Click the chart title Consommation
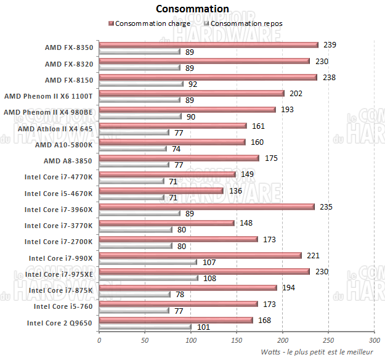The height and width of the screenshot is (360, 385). tap(192, 9)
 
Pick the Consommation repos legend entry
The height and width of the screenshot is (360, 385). tap(246, 23)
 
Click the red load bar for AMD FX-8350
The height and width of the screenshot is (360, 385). tap(208, 44)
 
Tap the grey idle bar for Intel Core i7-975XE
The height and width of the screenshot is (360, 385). tap(148, 278)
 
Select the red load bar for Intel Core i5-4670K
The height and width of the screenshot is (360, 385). tap(161, 190)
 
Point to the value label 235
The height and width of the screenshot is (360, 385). tap(326, 207)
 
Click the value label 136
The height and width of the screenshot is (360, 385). tap(235, 190)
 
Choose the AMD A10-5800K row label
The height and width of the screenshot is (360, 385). tap(64, 145)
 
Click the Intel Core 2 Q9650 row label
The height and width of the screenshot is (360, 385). tap(60, 322)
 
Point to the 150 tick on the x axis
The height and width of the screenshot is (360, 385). tap(237, 340)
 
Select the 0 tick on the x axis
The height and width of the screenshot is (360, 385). tap(99, 340)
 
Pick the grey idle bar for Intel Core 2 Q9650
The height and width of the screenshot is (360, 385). tap(145, 327)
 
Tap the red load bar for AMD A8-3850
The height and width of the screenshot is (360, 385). tap(179, 158)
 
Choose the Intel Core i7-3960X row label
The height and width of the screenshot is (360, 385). tap(59, 210)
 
